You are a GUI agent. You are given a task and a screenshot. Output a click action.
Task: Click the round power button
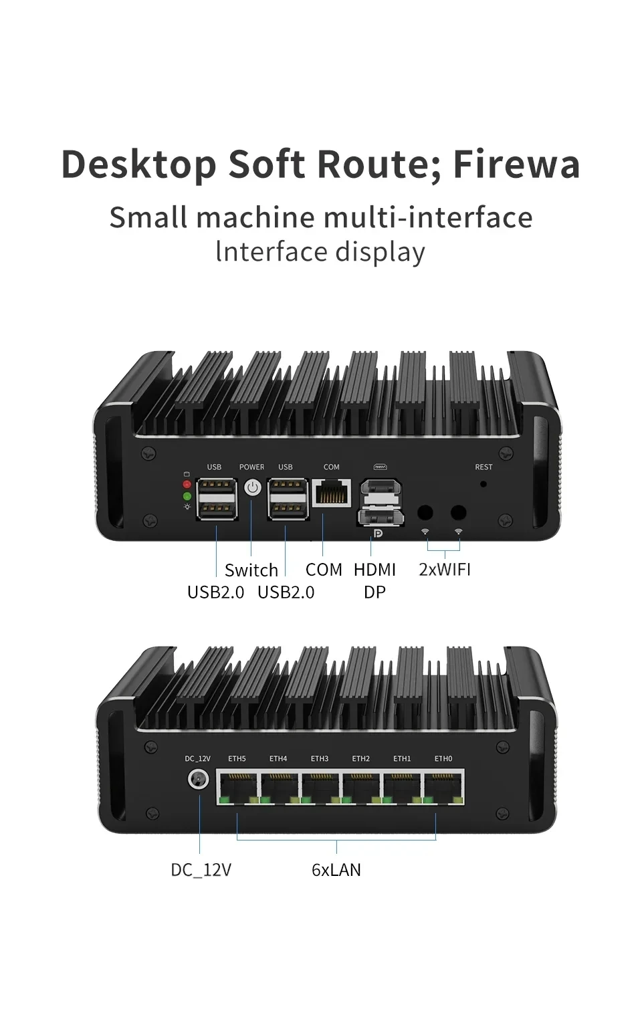(x=252, y=487)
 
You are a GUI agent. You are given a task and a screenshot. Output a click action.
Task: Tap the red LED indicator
(x=187, y=484)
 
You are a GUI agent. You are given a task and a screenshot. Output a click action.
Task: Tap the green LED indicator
(x=187, y=496)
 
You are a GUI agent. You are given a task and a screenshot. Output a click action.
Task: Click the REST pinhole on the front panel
(x=484, y=483)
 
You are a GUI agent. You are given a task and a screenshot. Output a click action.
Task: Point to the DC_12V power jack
(x=198, y=780)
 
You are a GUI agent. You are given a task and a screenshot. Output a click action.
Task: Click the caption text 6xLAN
(x=336, y=870)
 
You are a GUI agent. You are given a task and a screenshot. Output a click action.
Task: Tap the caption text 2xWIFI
(x=445, y=569)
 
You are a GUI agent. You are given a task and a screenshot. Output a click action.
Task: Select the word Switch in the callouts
(x=251, y=570)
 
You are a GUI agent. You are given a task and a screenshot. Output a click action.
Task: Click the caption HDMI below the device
(x=374, y=570)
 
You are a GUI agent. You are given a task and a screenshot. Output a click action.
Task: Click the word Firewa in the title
(x=516, y=164)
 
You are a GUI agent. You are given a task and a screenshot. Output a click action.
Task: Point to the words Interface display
(x=320, y=252)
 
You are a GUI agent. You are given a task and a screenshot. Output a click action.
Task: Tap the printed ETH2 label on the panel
(x=361, y=759)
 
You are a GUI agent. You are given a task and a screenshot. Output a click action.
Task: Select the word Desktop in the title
(x=139, y=164)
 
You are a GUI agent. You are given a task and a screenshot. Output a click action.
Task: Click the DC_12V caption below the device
(x=201, y=870)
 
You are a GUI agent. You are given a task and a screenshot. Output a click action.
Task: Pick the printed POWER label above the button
(x=252, y=467)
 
